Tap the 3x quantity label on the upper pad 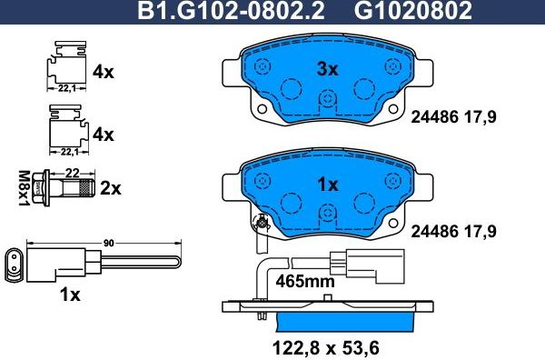327,69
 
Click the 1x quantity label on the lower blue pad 327,185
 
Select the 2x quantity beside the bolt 110,188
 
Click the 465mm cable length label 304,282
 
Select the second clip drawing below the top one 64,127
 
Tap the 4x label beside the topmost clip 103,70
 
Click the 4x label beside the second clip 103,134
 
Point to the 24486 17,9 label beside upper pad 454,115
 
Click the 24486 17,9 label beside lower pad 454,231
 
